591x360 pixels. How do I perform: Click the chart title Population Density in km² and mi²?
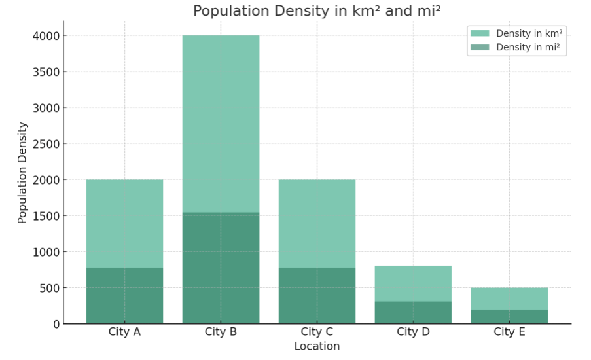(x=317, y=11)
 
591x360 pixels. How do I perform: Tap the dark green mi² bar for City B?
(x=221, y=268)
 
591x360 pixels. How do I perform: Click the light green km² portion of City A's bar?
(x=124, y=223)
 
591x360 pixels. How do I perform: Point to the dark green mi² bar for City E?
(x=509, y=317)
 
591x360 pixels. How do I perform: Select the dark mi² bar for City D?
(x=413, y=312)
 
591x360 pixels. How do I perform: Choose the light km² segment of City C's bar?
(x=317, y=223)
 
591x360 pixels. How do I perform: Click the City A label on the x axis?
(x=124, y=332)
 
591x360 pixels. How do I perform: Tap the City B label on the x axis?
(x=221, y=332)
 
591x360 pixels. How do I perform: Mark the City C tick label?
(x=317, y=332)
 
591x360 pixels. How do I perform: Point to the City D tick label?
(x=413, y=332)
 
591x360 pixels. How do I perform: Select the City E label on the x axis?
(x=509, y=332)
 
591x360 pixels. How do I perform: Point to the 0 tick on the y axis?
(x=56, y=324)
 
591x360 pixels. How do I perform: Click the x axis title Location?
(x=317, y=346)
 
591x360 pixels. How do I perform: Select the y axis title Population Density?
(x=23, y=173)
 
